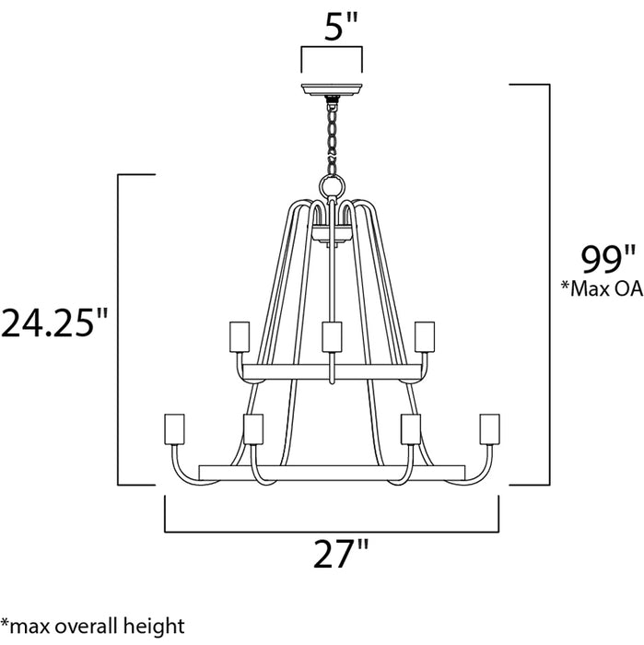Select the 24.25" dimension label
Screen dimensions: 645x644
(x=55, y=323)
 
